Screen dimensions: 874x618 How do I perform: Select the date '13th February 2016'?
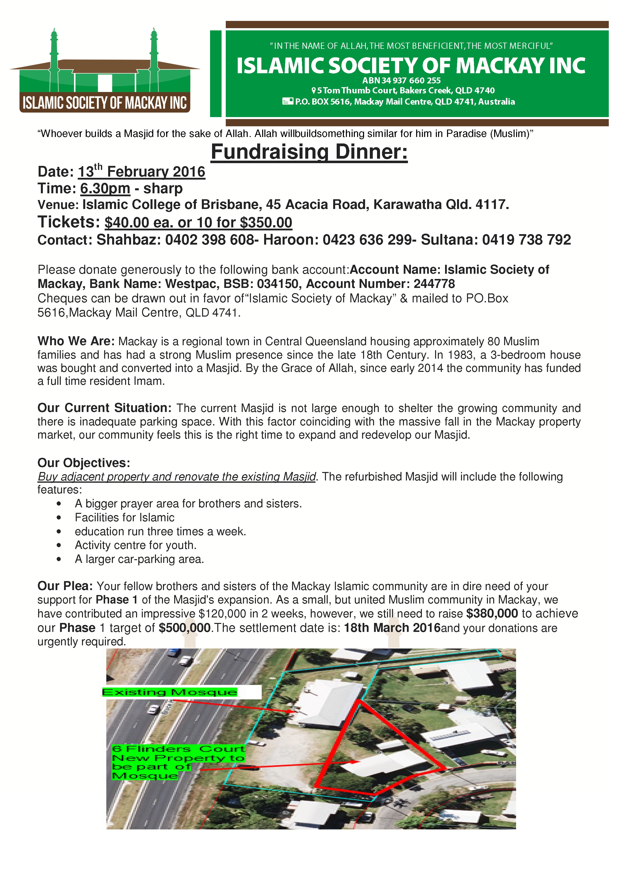tap(141, 172)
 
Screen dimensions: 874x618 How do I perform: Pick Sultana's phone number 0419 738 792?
tap(526, 240)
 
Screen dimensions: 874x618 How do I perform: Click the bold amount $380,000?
tap(492, 614)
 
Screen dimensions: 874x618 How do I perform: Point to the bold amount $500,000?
tap(185, 628)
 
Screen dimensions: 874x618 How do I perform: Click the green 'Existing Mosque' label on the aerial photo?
tap(169, 692)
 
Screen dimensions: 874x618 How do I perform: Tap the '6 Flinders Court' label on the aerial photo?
tap(178, 749)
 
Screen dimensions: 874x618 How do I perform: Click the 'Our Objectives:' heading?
tap(84, 463)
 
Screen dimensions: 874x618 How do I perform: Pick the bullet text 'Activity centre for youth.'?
tap(136, 545)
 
